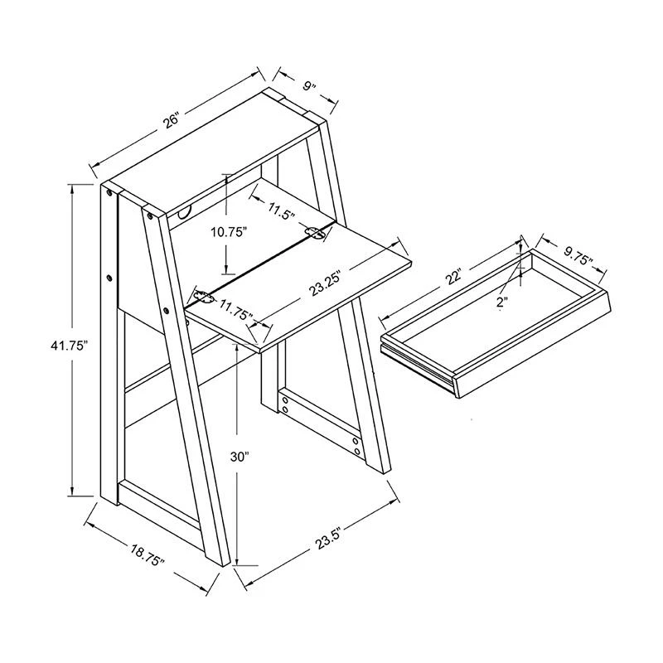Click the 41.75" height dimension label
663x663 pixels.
pos(69,346)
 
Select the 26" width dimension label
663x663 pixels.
pos(172,120)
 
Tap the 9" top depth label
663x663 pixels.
pos(309,87)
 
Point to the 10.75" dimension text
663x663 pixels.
pos(230,232)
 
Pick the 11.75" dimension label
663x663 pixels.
pos(235,310)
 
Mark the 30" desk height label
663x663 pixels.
pos(240,457)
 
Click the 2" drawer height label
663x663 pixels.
pos(502,302)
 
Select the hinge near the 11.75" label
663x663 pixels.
pos(204,296)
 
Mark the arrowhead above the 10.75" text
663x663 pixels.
pos(226,179)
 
